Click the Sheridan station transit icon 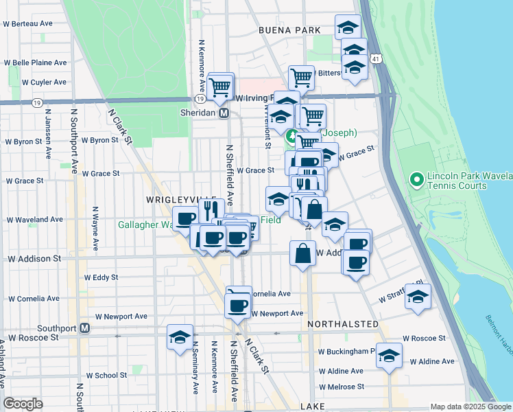(x=224, y=113)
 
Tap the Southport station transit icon (x=84, y=328)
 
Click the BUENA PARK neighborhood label (x=290, y=30)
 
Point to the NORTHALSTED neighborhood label (x=343, y=323)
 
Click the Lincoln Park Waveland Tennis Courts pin (x=415, y=181)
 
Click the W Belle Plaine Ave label (x=35, y=62)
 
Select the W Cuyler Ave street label (x=44, y=82)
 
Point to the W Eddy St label (x=102, y=278)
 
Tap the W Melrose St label (x=341, y=387)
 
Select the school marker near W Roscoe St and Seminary (x=180, y=336)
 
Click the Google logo (x=23, y=403)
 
